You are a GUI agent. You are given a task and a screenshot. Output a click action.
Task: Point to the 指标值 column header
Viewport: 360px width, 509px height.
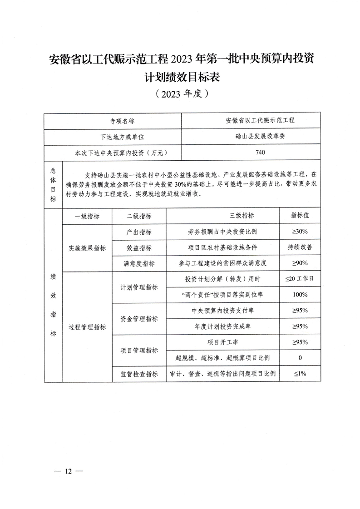(x=300, y=216)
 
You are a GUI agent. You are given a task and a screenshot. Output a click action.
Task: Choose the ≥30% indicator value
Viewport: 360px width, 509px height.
(x=300, y=232)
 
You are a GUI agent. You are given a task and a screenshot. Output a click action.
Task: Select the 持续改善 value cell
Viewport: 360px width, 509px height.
(x=300, y=247)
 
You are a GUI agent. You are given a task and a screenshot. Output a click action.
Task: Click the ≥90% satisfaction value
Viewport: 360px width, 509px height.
(x=300, y=263)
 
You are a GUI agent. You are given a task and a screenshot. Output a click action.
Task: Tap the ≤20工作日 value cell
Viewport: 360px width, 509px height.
(x=300, y=279)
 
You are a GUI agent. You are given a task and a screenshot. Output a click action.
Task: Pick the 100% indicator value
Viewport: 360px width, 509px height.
(x=300, y=295)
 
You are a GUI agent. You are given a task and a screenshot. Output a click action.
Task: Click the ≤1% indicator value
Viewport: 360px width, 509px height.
(x=300, y=374)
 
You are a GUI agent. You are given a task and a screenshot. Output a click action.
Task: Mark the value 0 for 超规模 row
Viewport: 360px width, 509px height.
(x=300, y=358)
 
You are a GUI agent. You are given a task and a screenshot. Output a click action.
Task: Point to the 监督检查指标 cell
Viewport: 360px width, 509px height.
(x=139, y=374)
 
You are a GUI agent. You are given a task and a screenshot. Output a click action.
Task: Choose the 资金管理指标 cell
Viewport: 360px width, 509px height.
(x=139, y=319)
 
